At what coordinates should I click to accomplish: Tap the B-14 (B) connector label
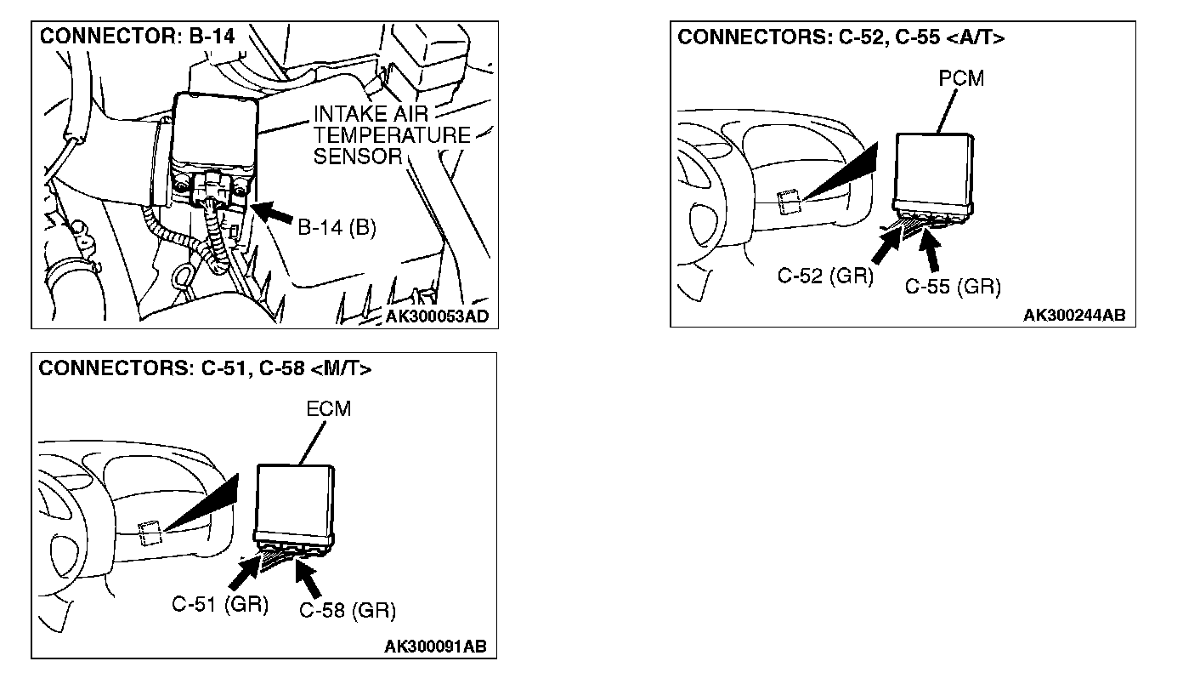[x=337, y=229]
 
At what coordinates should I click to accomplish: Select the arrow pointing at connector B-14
[x=275, y=213]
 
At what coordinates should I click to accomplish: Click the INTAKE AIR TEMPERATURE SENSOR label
[x=391, y=134]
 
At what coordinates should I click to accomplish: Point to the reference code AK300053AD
[x=437, y=317]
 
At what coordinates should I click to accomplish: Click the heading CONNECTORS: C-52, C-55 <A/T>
[x=841, y=38]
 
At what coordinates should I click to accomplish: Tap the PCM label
[x=961, y=78]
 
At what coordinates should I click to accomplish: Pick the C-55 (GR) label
[x=953, y=287]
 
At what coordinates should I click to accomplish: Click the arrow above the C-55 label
[x=937, y=250]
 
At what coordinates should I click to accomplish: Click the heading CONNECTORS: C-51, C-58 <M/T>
[x=205, y=368]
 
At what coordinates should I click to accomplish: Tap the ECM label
[x=328, y=408]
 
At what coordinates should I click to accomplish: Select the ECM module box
[x=295, y=501]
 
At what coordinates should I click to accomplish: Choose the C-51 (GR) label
[x=220, y=605]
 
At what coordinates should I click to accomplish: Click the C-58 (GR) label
[x=348, y=610]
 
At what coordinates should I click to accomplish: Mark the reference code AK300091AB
[x=435, y=647]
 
